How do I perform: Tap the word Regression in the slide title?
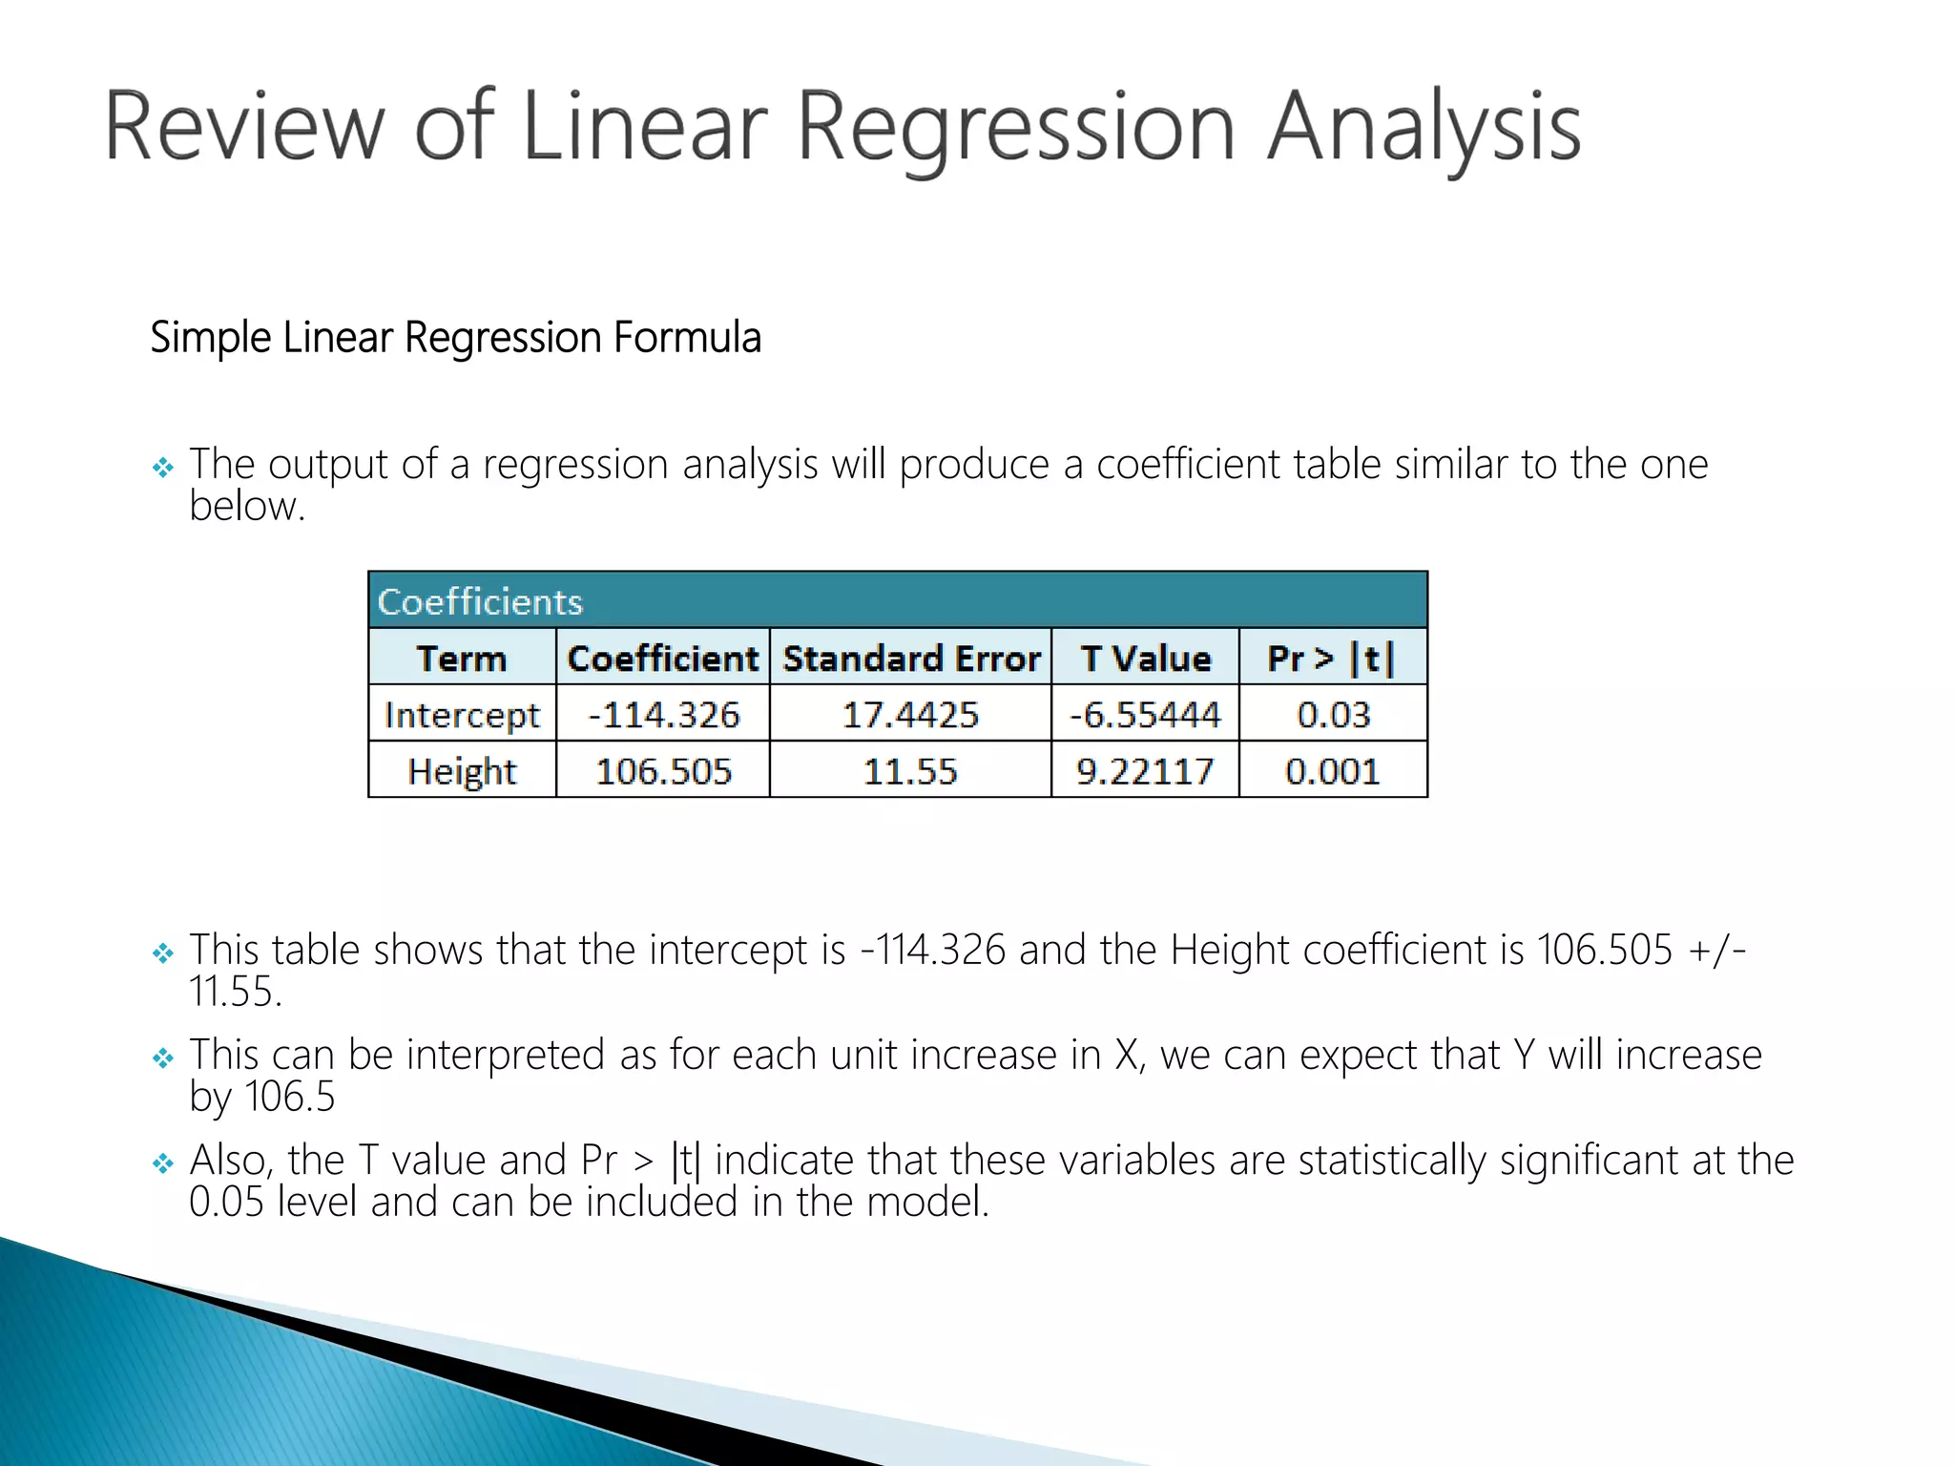click(x=1016, y=128)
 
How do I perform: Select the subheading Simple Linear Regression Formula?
click(x=455, y=338)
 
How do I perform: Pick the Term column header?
click(x=462, y=659)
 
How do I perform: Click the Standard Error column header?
click(x=911, y=659)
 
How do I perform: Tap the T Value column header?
click(x=1145, y=659)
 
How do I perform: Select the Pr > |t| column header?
click(x=1332, y=659)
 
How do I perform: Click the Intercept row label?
click(x=462, y=715)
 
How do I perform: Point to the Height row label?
click(x=462, y=771)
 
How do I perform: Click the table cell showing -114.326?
click(x=663, y=715)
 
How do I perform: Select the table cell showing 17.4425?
click(x=911, y=715)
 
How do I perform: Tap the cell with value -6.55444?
click(x=1145, y=715)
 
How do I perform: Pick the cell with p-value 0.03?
click(x=1333, y=715)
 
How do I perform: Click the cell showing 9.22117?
click(x=1145, y=771)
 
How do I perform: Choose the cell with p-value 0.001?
click(x=1333, y=771)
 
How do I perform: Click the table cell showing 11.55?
click(x=911, y=771)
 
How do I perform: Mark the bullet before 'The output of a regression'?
click(x=163, y=468)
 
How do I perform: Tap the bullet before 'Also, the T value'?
click(x=163, y=1163)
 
